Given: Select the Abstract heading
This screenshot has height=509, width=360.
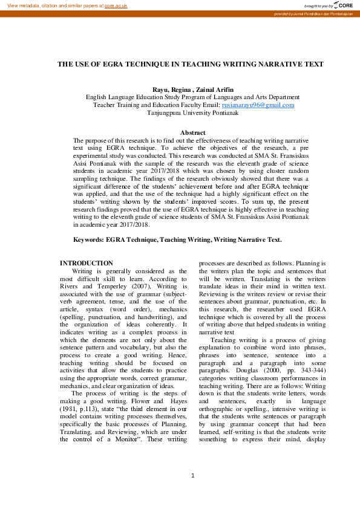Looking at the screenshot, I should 193,132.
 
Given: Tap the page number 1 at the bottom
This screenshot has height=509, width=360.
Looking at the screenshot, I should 192,493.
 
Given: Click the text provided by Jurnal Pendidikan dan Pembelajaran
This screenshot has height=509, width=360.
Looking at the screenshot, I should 313,13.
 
